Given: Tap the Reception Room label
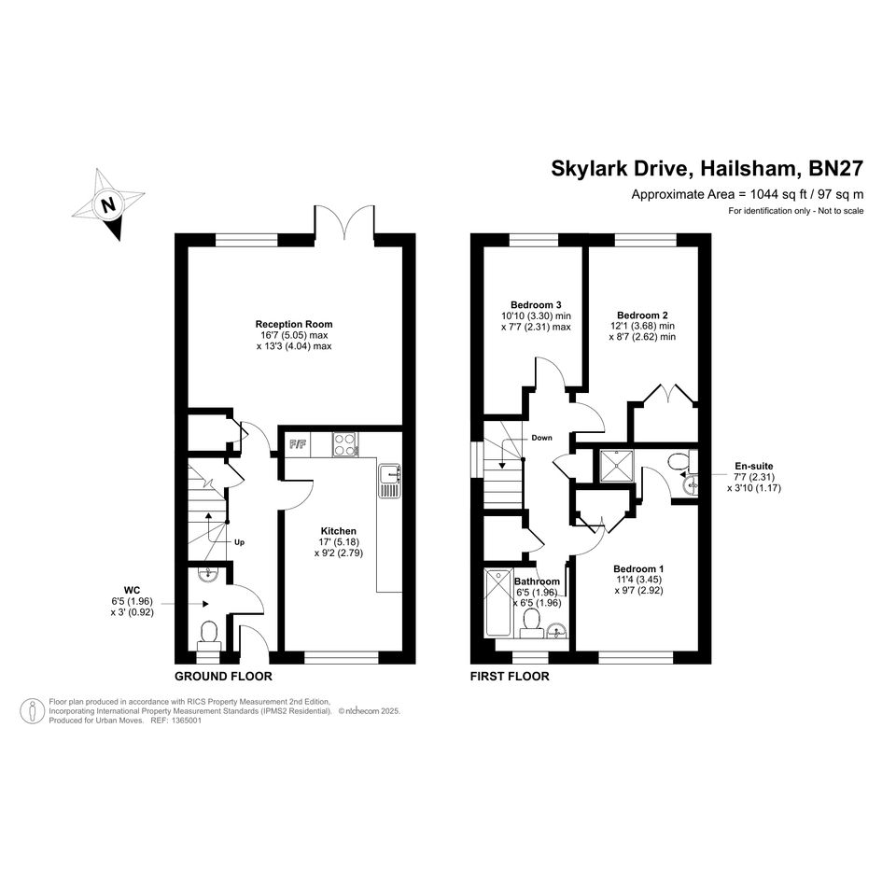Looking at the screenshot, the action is [x=294, y=324].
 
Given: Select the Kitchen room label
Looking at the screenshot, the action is [x=339, y=531].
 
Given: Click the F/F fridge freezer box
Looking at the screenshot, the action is [x=298, y=444].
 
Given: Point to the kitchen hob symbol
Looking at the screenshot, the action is [x=344, y=444].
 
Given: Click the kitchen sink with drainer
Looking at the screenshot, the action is [x=389, y=481].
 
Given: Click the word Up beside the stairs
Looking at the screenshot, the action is [x=239, y=543].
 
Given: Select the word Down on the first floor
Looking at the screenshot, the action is [x=541, y=438].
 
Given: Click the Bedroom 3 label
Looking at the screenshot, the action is [x=536, y=305].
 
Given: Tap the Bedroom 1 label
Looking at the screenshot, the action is [x=638, y=568].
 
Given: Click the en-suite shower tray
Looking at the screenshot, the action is [x=617, y=466].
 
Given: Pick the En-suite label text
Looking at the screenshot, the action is [x=754, y=467].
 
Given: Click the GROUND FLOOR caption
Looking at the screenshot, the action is [x=223, y=676].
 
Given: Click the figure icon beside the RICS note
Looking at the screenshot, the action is [x=33, y=711].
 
